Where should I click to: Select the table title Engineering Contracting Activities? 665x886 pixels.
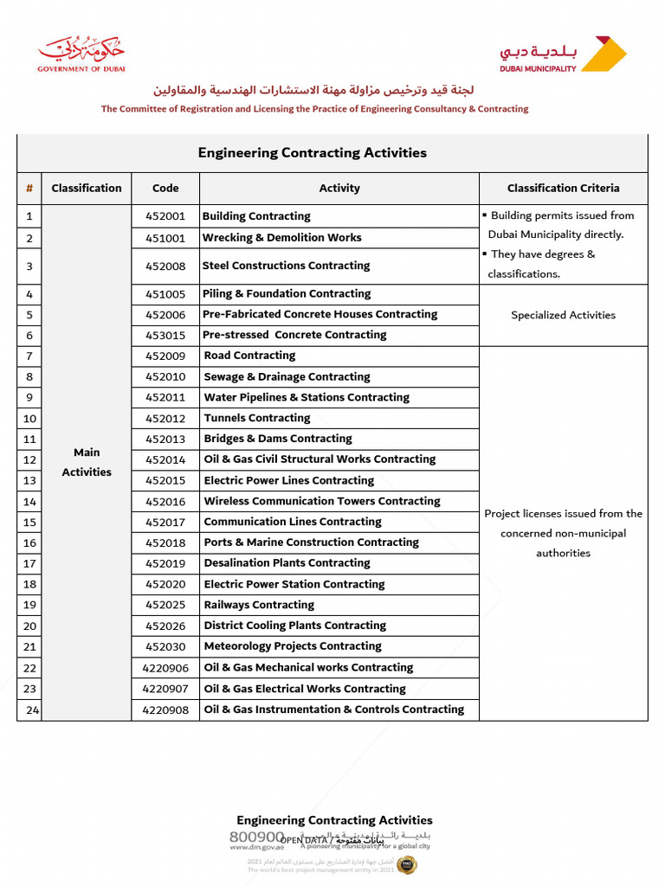(312, 153)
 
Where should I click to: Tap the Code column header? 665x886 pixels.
(165, 188)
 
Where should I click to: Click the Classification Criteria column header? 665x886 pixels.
(563, 188)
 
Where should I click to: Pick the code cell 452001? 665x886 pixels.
(165, 216)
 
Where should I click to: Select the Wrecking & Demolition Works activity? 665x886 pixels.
(281, 237)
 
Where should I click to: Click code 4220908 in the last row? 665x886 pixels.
(165, 709)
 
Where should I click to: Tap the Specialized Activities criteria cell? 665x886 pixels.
(563, 315)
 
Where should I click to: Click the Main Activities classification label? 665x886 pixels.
(87, 462)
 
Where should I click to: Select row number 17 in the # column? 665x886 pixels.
(29, 563)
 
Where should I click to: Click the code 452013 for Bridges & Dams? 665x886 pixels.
(165, 439)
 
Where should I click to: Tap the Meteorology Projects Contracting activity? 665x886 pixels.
(292, 646)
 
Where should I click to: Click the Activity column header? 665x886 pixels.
(339, 188)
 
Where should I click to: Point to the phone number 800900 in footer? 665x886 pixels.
(256, 837)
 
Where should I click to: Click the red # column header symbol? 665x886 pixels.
(29, 188)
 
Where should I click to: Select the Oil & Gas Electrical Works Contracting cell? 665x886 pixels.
(304, 689)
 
